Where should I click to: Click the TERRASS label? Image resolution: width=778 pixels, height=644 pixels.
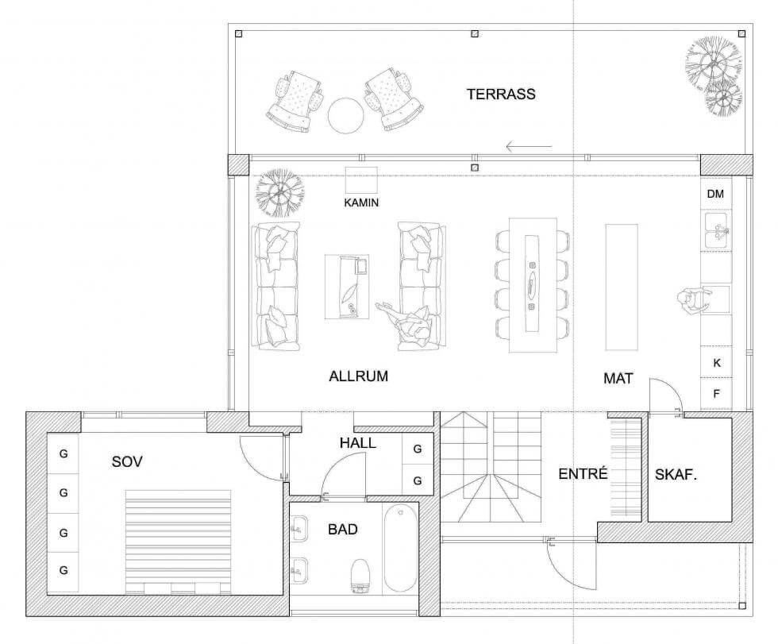click(501, 94)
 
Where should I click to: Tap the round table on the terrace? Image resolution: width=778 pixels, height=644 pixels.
click(346, 116)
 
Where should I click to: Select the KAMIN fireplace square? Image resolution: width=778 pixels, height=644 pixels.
click(361, 180)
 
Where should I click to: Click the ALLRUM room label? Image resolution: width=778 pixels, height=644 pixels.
click(358, 376)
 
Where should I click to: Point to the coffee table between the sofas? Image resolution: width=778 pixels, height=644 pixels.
click(347, 287)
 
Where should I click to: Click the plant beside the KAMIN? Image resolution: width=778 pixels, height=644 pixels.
click(279, 192)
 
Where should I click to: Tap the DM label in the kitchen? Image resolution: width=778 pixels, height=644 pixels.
click(715, 194)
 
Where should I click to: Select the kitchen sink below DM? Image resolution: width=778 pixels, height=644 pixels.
click(716, 229)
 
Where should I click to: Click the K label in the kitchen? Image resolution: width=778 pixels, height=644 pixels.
click(716, 363)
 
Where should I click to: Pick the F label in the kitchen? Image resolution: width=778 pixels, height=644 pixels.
click(716, 394)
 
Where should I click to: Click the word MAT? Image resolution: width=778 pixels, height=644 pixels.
click(618, 379)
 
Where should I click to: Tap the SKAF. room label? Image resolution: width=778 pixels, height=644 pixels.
click(676, 475)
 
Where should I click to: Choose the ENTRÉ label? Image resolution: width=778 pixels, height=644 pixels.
click(583, 473)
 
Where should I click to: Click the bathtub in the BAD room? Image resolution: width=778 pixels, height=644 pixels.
click(400, 548)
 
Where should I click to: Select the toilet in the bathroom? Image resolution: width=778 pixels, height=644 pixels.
click(360, 576)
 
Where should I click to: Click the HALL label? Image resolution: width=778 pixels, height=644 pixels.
click(358, 443)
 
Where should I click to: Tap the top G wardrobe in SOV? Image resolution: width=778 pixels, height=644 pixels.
click(63, 453)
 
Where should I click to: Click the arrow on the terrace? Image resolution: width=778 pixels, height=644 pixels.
click(529, 146)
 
